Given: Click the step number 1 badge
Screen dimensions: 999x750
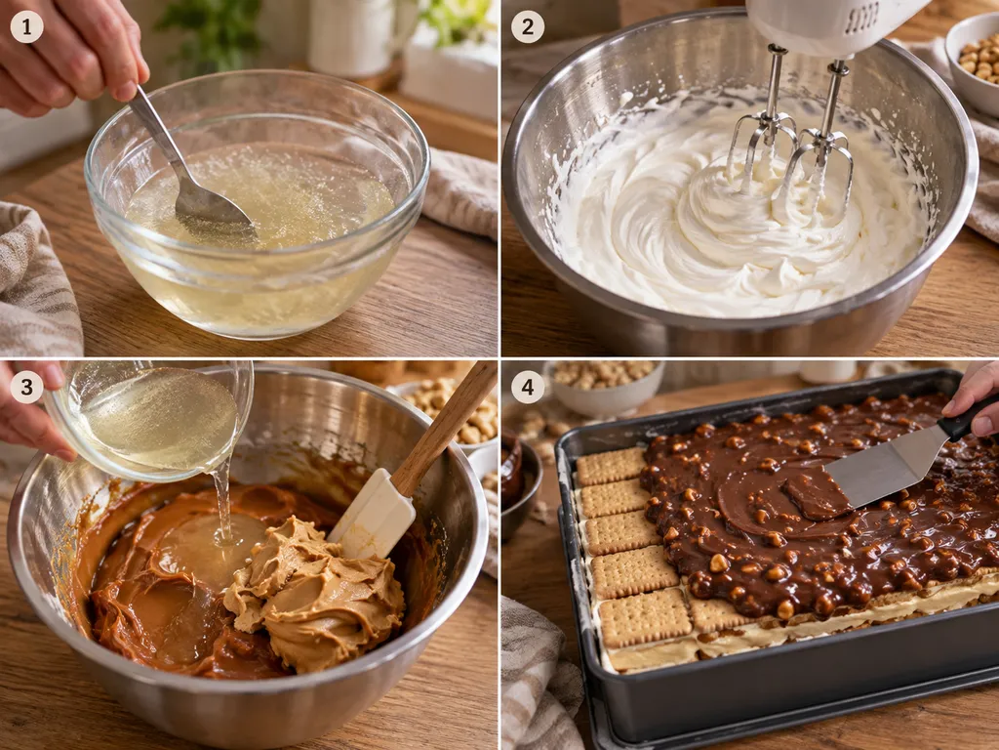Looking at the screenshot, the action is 26,26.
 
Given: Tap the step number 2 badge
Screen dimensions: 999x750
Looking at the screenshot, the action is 528,26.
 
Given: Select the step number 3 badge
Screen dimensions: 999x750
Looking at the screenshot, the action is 26,387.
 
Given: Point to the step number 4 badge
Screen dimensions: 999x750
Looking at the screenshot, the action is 528,387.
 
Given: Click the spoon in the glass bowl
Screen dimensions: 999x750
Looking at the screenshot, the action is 190,172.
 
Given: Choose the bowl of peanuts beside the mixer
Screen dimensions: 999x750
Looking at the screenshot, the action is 975,62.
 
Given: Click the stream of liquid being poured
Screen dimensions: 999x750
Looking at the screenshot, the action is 222,504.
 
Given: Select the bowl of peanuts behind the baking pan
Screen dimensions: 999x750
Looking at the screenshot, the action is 602,386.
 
